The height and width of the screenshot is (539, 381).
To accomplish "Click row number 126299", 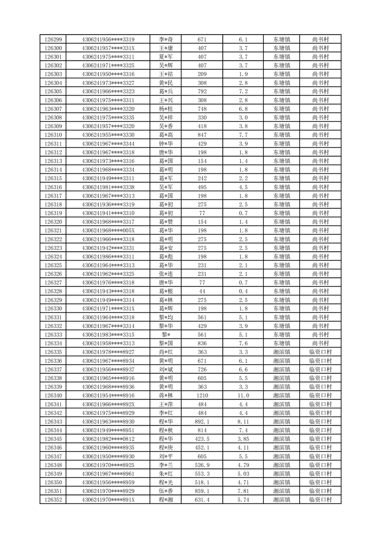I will tap(53, 39).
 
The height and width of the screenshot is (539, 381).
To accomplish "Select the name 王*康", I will tap(166, 48).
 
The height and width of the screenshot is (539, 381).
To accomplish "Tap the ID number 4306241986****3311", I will tap(108, 257).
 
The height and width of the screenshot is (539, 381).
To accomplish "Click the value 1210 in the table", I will tap(202, 395).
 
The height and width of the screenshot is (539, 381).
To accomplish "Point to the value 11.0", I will tap(243, 395).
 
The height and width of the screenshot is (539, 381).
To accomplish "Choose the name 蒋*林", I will tap(166, 395).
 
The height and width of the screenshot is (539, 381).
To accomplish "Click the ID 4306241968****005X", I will tap(108, 231).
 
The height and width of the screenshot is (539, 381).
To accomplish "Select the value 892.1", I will tap(202, 421).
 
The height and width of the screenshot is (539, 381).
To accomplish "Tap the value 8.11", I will tap(243, 421).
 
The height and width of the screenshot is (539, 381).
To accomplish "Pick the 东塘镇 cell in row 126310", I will tap(282, 135).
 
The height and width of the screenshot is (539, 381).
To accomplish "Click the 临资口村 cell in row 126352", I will tap(320, 500).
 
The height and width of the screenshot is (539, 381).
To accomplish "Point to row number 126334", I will tap(53, 343).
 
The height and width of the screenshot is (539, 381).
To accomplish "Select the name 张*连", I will tap(166, 274).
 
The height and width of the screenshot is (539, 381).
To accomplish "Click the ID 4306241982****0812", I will tap(108, 439).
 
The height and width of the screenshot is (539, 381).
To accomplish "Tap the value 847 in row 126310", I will tap(202, 135).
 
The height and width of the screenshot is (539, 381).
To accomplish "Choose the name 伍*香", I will tap(166, 491).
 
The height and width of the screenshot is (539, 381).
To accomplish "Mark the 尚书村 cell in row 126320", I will tap(320, 222).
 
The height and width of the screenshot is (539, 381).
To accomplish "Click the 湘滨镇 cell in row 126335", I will tap(282, 352).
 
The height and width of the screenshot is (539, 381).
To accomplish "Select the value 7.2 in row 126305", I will tap(243, 91).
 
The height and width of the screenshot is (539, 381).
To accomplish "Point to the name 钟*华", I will tap(166, 144).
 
